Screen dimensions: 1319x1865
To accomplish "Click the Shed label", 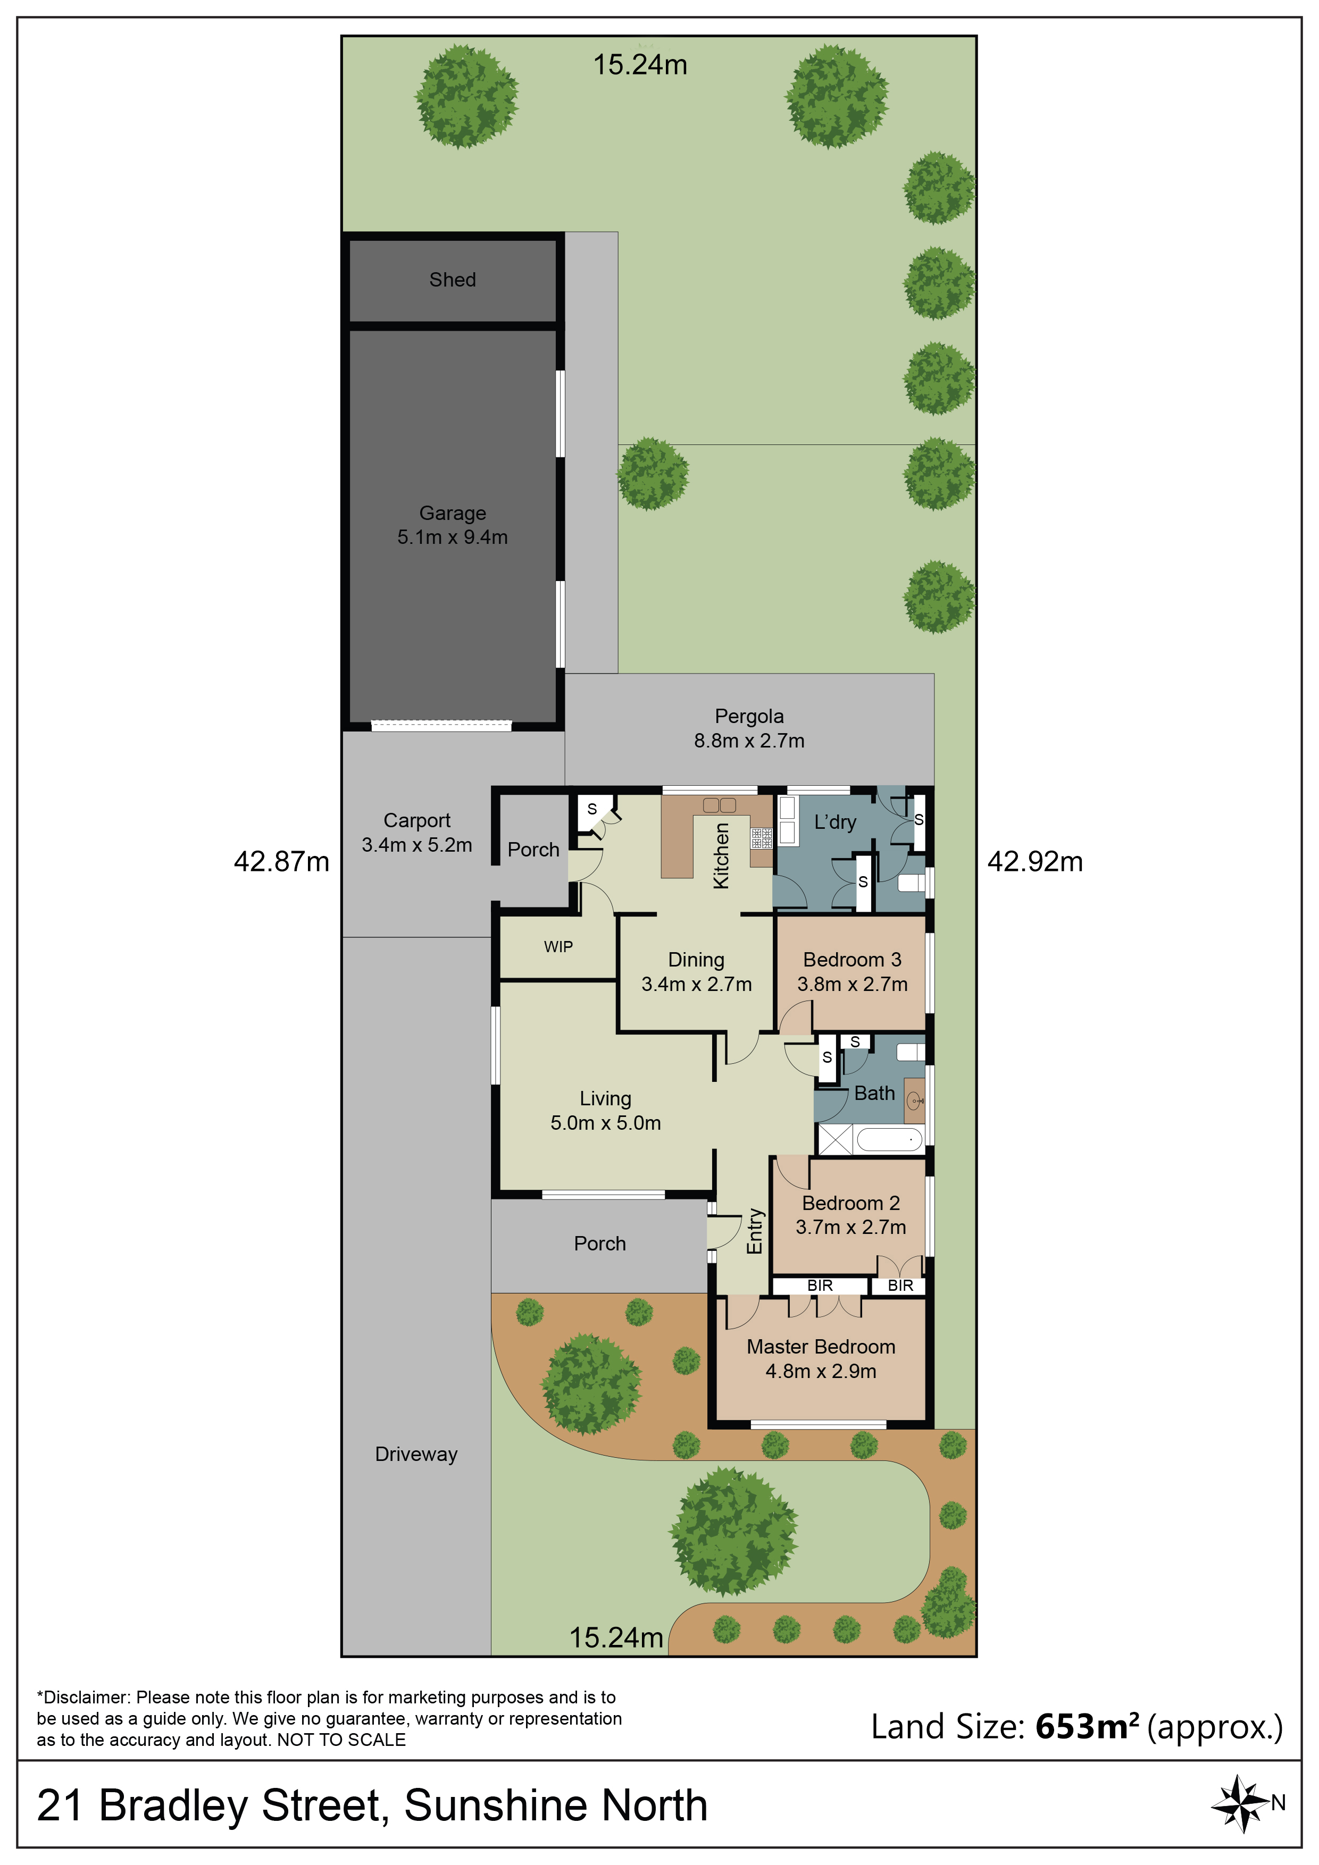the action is click(453, 280).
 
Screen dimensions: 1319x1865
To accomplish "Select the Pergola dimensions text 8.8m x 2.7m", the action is click(749, 741).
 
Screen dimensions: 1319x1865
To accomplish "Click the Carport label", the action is click(417, 820).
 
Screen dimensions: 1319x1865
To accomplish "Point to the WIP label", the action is click(558, 946).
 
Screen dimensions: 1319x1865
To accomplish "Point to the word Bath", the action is click(874, 1094).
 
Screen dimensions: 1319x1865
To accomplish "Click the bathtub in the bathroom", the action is click(891, 1140).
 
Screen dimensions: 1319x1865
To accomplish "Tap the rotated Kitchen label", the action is click(721, 855).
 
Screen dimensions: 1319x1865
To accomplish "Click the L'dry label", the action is click(836, 822).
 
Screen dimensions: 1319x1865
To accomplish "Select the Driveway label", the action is click(416, 1454).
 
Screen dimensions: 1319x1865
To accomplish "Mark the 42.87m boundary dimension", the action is click(282, 862).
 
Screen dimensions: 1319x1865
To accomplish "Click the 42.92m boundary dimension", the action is click(1036, 862).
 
